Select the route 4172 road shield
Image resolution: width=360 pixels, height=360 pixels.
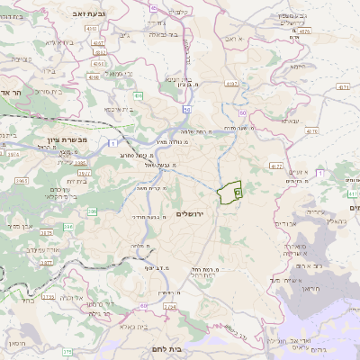point(276,166)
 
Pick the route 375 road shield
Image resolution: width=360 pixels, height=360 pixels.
point(66,352)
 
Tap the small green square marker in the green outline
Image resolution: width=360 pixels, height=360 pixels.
point(238,192)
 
